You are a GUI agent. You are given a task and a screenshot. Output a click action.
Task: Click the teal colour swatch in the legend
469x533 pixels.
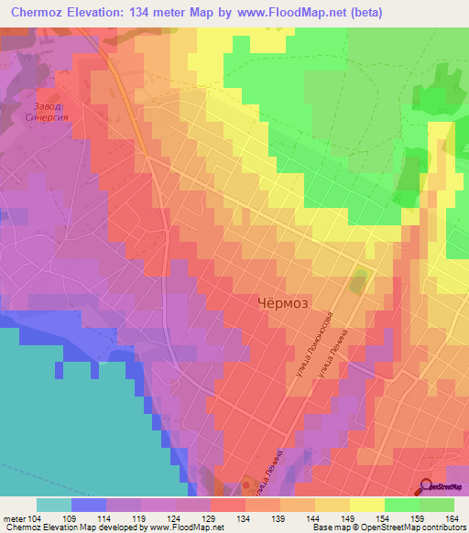click(x=54, y=504)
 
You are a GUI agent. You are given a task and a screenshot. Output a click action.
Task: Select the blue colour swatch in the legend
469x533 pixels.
click(x=89, y=504)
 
